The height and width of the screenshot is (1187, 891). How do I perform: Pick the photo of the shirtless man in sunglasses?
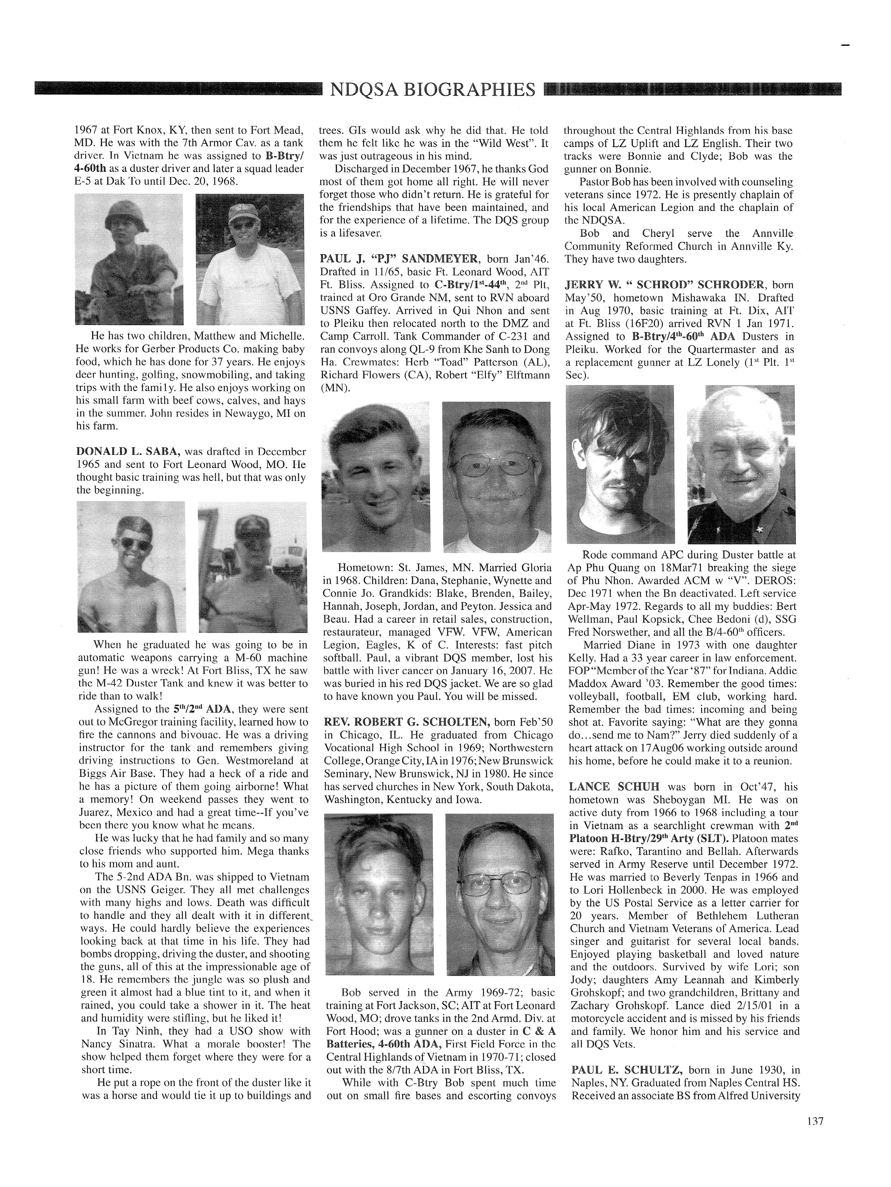131,566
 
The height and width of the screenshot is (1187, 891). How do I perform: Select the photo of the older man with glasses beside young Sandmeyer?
496,477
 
